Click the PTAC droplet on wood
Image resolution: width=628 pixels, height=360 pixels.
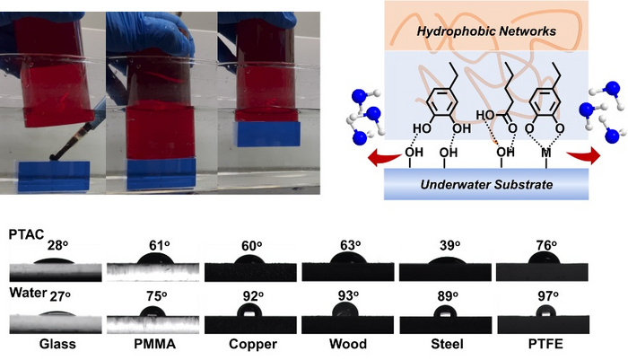click(x=345, y=259)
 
